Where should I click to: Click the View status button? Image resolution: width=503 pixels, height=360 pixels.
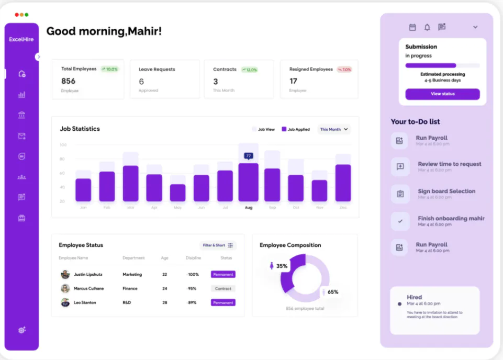coord(442,94)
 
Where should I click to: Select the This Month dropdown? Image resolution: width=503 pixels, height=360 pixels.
coord(334,129)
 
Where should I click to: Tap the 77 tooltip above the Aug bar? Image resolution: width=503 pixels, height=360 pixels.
coord(248,156)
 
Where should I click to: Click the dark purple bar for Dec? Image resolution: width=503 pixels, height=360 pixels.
coord(343,183)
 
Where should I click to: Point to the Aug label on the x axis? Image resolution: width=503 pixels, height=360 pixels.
coord(248,208)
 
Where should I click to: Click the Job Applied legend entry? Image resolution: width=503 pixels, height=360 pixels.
coord(296,129)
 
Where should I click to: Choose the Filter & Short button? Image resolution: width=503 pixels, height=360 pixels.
coord(218,245)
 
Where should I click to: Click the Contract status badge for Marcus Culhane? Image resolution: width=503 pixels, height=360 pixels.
coord(223,288)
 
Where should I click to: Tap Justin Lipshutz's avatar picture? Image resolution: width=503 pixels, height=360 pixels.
coord(65,274)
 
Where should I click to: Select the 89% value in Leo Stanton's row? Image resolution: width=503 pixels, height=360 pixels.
coord(193,302)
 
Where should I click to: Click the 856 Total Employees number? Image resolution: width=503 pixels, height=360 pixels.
coord(69,81)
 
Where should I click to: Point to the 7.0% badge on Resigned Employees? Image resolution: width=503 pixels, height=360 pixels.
coord(344,69)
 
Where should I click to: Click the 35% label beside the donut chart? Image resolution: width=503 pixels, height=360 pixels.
coord(282,266)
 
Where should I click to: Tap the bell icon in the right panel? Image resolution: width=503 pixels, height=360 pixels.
coord(427,27)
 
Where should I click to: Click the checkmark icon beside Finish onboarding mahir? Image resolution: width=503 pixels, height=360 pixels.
coord(400,221)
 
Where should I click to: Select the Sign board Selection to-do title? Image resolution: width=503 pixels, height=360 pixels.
coord(446,192)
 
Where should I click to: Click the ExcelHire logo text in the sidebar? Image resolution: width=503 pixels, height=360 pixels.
coord(21,40)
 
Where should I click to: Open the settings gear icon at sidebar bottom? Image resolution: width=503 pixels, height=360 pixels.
coord(21,330)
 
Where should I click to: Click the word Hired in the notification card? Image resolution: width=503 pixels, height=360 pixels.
coord(414,297)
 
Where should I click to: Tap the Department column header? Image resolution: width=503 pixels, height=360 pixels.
coord(133,258)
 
